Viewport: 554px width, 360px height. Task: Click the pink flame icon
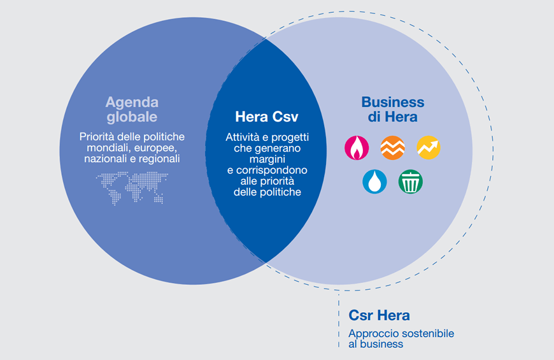pos(357,147)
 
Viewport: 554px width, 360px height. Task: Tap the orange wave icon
pos(392,147)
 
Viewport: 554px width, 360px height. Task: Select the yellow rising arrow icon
pos(429,147)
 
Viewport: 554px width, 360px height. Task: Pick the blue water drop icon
pos(374,182)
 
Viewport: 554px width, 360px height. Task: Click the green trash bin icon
pos(411,182)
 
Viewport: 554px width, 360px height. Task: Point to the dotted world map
pos(132,188)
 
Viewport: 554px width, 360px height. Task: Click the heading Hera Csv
pos(267,117)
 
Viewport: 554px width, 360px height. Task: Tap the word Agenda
pos(132,103)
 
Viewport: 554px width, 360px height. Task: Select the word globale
pos(132,117)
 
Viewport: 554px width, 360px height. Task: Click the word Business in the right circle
pos(392,102)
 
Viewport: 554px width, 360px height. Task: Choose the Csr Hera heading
pos(379,315)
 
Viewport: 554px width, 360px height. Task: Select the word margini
pos(267,159)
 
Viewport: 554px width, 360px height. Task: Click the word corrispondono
pos(272,171)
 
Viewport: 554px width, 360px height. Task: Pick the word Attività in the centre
pos(243,137)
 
